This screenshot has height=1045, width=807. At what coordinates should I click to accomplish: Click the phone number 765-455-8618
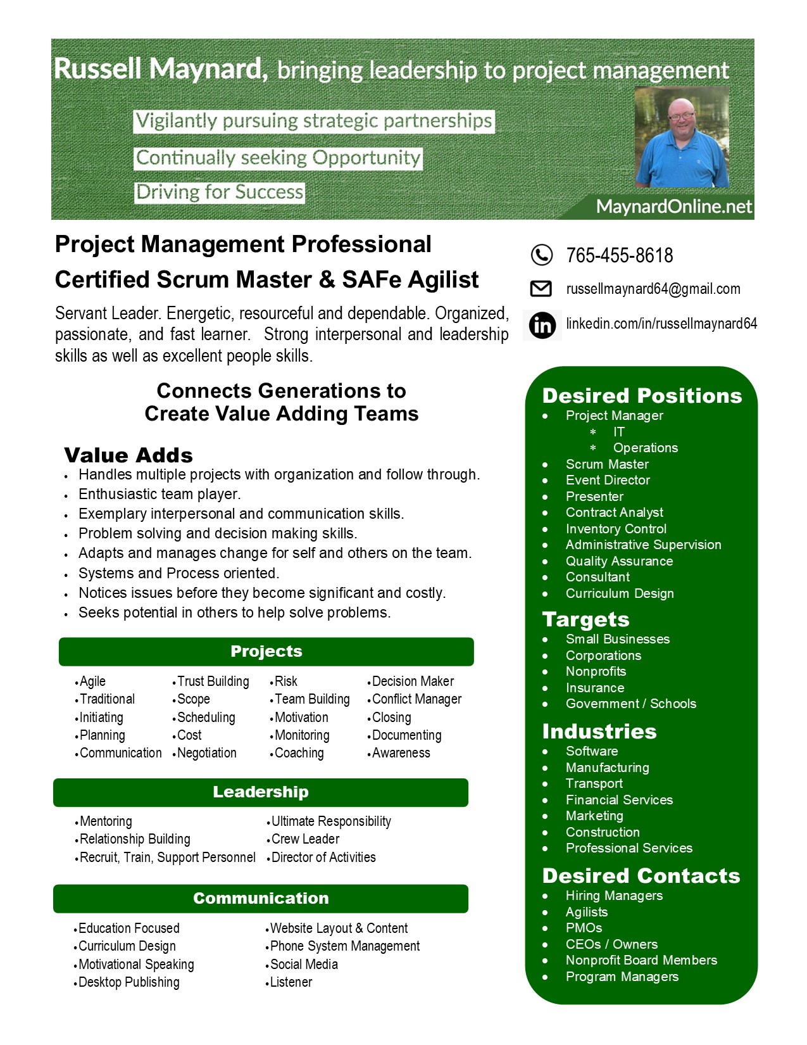pyautogui.click(x=619, y=255)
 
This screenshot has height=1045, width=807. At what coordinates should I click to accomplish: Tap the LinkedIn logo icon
pyautogui.click(x=542, y=325)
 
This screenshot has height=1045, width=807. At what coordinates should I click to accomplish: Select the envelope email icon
pyautogui.click(x=541, y=289)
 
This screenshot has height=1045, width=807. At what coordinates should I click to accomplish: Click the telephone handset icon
pyautogui.click(x=541, y=255)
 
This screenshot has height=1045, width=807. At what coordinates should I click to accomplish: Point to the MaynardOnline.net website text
pyautogui.click(x=673, y=206)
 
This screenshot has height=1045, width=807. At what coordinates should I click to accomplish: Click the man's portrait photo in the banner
pyautogui.click(x=682, y=137)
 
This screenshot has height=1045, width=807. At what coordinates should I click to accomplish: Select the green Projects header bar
pyautogui.click(x=266, y=652)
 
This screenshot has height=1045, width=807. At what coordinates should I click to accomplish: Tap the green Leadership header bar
pyautogui.click(x=261, y=792)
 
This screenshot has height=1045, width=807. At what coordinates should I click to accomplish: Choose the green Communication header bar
pyautogui.click(x=261, y=899)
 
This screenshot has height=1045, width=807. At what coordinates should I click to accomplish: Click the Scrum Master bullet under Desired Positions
pyautogui.click(x=606, y=464)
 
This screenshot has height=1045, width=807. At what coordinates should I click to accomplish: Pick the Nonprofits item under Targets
pyautogui.click(x=596, y=671)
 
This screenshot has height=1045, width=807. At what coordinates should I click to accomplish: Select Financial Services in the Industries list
pyautogui.click(x=619, y=800)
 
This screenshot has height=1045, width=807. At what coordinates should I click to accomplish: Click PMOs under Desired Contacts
pyautogui.click(x=584, y=928)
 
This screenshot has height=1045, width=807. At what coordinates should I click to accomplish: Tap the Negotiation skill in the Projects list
pyautogui.click(x=206, y=753)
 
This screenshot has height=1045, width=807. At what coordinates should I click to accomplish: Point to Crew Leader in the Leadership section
pyautogui.click(x=305, y=839)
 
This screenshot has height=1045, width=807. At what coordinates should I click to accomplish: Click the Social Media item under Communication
pyautogui.click(x=304, y=965)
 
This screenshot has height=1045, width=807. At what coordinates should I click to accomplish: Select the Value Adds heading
pyautogui.click(x=128, y=455)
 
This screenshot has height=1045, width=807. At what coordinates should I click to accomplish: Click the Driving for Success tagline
pyautogui.click(x=220, y=193)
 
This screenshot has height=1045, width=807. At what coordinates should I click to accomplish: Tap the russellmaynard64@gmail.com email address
pyautogui.click(x=653, y=289)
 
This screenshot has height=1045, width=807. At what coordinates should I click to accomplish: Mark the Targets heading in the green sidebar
pyautogui.click(x=585, y=619)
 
